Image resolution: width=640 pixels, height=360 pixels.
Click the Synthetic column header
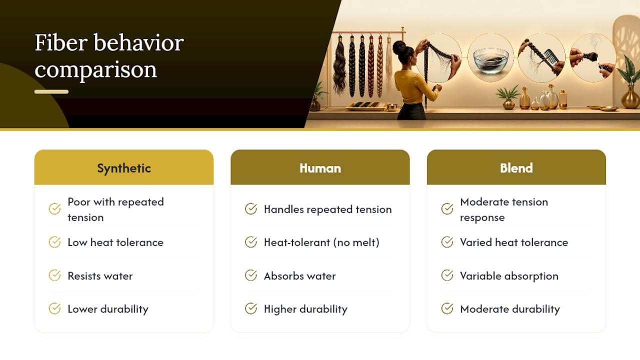point(123,168)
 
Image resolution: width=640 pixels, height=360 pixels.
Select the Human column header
point(320,168)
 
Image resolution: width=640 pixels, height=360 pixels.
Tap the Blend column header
point(516,168)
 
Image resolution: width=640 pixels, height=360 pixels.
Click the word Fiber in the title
point(61,42)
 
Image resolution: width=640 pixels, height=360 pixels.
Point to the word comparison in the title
point(95,70)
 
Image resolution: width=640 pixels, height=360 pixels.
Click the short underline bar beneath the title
point(51,91)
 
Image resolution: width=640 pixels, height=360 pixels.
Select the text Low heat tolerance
point(115,242)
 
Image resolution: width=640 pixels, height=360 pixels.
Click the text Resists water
point(100,276)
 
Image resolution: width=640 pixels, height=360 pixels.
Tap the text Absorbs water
point(299,276)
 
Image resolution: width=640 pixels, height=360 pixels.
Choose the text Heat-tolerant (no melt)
point(321,242)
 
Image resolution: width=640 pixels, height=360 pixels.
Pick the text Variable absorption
point(509,276)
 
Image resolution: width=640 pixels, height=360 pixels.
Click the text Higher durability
point(305,309)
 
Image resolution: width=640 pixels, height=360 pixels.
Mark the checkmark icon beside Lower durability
point(54,308)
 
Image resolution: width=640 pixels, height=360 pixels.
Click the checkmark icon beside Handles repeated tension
point(251,209)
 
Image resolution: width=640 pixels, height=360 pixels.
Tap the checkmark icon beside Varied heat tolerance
point(447,242)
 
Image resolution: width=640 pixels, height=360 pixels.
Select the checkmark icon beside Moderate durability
point(447,308)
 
